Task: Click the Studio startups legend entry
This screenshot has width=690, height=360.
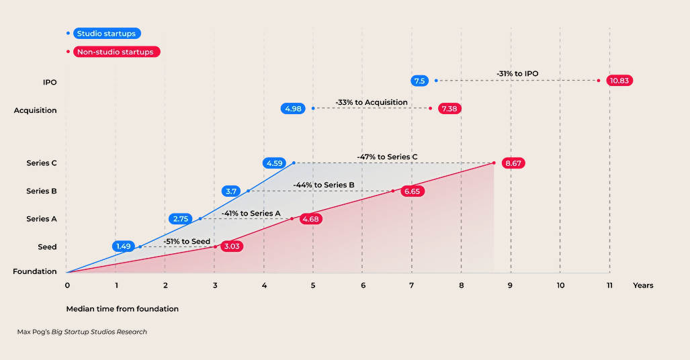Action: tap(107, 34)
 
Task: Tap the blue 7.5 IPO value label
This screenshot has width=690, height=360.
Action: tap(420, 81)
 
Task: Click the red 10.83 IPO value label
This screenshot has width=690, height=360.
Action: tap(619, 81)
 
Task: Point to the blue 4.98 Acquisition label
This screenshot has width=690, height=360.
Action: tap(293, 108)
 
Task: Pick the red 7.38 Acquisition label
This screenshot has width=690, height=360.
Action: tap(449, 108)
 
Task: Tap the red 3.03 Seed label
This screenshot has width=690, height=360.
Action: tap(231, 246)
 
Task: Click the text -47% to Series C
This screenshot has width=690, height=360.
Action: tap(387, 157)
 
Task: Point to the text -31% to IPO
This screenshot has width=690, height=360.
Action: tap(517, 74)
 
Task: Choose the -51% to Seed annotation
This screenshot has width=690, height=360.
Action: tap(187, 241)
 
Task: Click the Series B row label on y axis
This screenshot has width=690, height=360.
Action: tap(38, 191)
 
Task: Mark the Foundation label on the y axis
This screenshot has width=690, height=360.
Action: tap(35, 272)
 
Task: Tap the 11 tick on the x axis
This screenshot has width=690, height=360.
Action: tap(609, 285)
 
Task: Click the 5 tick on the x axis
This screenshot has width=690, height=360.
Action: tap(313, 285)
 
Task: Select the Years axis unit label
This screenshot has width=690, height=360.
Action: tap(642, 285)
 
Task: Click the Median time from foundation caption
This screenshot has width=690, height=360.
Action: tap(122, 309)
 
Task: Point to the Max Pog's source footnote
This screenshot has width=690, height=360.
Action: tap(82, 332)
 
